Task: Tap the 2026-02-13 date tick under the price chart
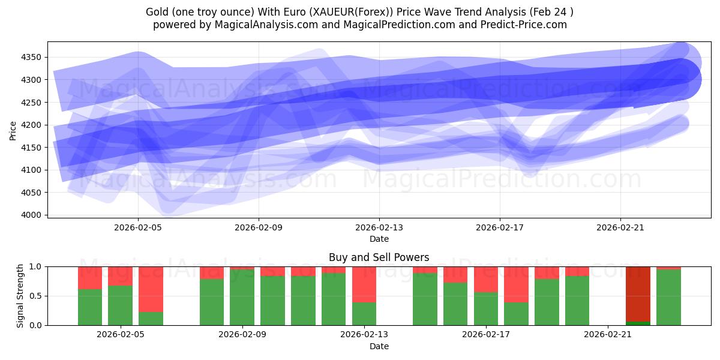click(379, 228)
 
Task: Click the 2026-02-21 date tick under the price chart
click(620, 228)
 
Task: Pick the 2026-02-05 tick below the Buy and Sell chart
click(121, 335)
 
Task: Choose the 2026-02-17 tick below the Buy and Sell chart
click(486, 335)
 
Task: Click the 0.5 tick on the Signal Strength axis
click(35, 296)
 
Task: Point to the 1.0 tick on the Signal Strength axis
click(35, 266)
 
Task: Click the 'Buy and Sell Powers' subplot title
click(379, 257)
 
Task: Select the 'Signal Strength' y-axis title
click(20, 296)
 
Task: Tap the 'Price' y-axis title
click(13, 130)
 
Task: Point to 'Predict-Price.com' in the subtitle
click(526, 25)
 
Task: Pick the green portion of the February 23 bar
click(668, 297)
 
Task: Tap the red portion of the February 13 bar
click(364, 284)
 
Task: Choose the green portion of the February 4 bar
click(90, 307)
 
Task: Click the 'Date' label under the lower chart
click(379, 346)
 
